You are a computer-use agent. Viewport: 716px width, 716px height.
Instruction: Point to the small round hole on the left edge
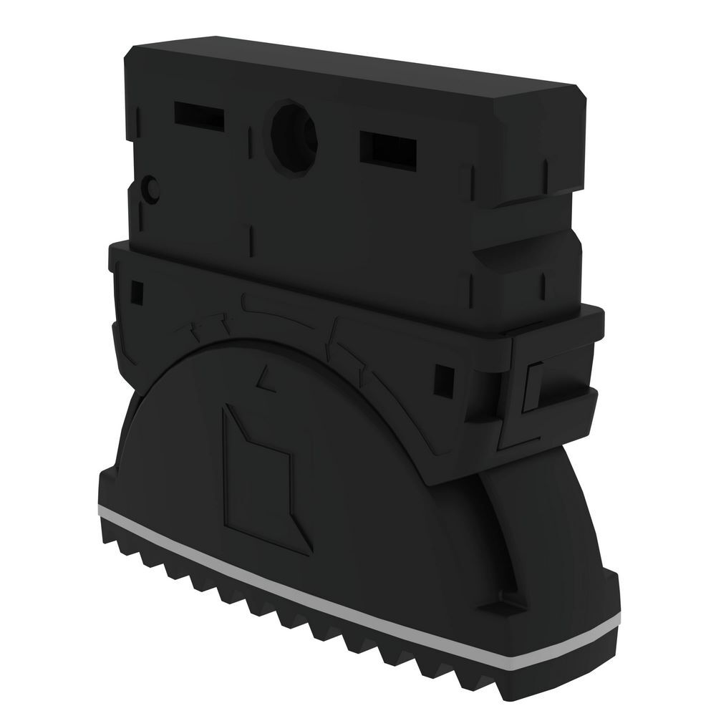[150, 189]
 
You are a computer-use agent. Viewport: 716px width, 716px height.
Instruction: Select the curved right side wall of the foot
[558, 516]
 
